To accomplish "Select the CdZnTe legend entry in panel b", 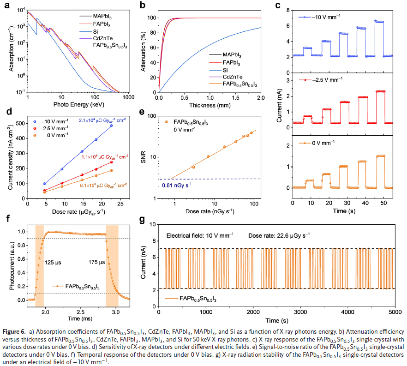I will (232, 77).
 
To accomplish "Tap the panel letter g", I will (142, 220).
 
